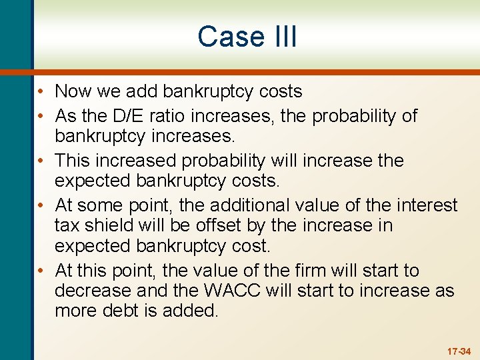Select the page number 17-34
[x=459, y=351]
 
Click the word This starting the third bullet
[x=72, y=161]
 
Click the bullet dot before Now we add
[x=41, y=92]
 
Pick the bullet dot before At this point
[x=41, y=271]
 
